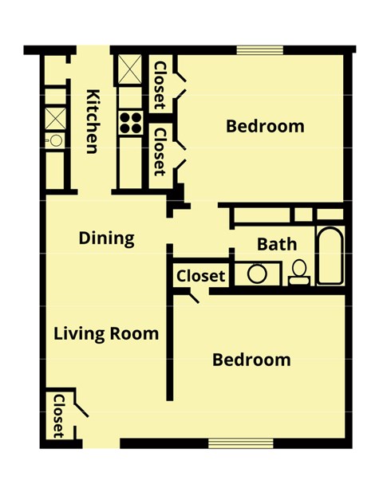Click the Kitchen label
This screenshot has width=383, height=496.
pyautogui.click(x=93, y=120)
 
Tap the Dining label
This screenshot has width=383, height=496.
pyautogui.click(x=106, y=238)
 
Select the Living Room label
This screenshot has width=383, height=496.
pyautogui.click(x=106, y=333)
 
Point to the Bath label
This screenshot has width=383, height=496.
pyautogui.click(x=277, y=244)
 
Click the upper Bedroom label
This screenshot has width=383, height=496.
pyautogui.click(x=265, y=126)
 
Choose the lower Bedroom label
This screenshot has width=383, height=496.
pyautogui.click(x=251, y=360)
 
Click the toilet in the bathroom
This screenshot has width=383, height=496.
pyautogui.click(x=298, y=273)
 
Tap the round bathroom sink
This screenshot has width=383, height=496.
pyautogui.click(x=257, y=274)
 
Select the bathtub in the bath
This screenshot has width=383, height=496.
pyautogui.click(x=330, y=258)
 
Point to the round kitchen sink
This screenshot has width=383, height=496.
pyautogui.click(x=55, y=140)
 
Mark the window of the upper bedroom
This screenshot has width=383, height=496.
pyautogui.click(x=260, y=50)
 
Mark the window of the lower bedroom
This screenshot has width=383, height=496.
pyautogui.click(x=232, y=443)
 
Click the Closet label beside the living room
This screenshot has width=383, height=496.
pyautogui.click(x=58, y=416)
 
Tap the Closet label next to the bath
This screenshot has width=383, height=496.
pyautogui.click(x=200, y=276)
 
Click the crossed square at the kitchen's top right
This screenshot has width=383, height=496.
pyautogui.click(x=128, y=70)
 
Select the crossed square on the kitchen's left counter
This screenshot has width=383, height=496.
pyautogui.click(x=55, y=117)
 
